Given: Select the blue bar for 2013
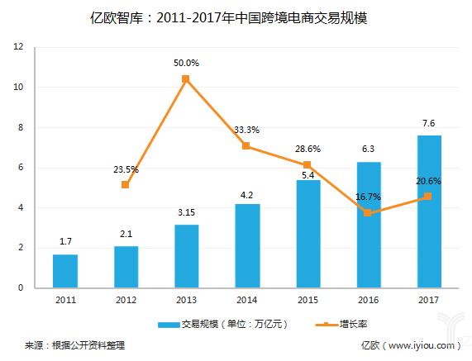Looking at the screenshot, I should coord(186,256).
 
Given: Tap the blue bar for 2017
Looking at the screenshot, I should coord(429,211).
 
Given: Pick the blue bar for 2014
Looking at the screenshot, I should coord(246,245).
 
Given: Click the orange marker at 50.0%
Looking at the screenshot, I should coord(186,78).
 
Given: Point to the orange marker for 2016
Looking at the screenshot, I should coord(368,212).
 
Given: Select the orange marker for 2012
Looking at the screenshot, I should coord(125,184).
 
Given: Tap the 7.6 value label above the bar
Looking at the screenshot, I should coord(429,124).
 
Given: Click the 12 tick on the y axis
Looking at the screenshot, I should coord(17,47).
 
